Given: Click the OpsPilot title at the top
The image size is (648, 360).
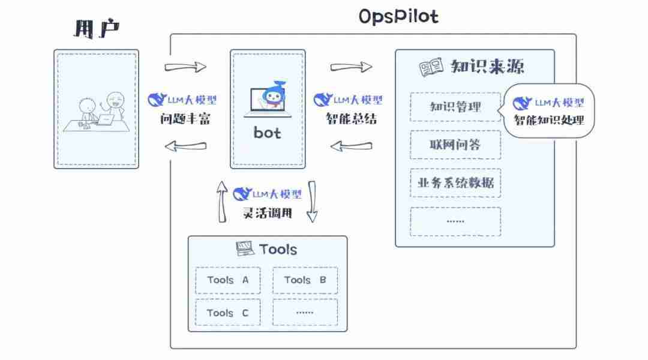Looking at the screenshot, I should coord(398,16).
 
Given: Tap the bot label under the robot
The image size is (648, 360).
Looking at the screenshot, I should coord(267,133).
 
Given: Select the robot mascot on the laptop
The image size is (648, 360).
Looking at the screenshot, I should coord(273,96).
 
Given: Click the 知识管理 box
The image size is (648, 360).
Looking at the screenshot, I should coord(455,107).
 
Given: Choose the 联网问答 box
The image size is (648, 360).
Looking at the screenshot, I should coord(455,145).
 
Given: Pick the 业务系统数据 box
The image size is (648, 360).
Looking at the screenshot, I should coord(455,182).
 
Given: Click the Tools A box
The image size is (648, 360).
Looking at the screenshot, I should coord(228,280).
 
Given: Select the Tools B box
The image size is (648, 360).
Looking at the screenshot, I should coord(305,280).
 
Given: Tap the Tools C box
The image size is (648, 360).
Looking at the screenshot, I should coord(228,313).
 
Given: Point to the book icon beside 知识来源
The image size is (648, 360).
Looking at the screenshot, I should coord(431,67).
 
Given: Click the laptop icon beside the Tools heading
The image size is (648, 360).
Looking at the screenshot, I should coord(244,248).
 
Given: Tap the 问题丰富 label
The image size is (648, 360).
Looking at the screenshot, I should coord(185,119).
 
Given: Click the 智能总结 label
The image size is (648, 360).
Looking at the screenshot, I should coord(351,119).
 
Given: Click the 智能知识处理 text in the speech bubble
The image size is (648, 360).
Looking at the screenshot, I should coord(548,119).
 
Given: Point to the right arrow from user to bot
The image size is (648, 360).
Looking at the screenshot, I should coord(185,67).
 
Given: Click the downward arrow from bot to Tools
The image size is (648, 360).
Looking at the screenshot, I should coord(312,202).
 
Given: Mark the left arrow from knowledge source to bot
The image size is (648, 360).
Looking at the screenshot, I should coord(351,146).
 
